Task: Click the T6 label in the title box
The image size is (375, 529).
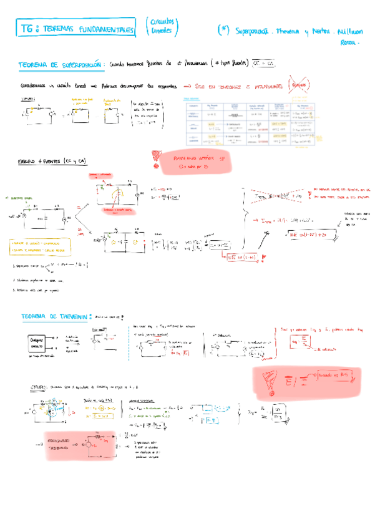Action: [26, 29]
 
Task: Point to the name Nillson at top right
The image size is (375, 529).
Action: [348, 31]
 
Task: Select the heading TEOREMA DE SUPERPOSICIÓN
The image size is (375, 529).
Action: [61, 64]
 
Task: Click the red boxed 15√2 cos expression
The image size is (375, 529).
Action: [261, 257]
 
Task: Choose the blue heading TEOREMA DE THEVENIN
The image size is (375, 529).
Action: [56, 316]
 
